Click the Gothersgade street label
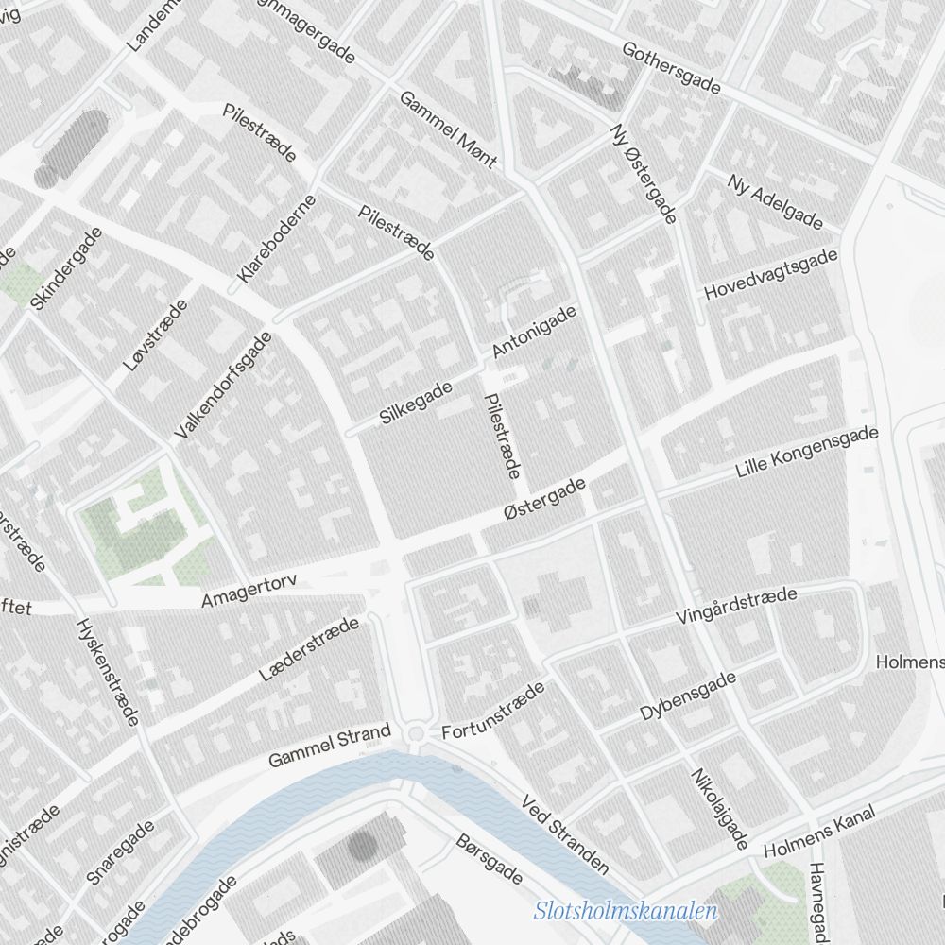click(x=672, y=68)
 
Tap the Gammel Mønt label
click(x=447, y=129)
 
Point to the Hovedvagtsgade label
click(x=771, y=275)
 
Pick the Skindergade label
click(x=66, y=268)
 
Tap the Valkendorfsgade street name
click(x=223, y=385)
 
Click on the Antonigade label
click(x=534, y=333)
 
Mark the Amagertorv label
click(x=249, y=591)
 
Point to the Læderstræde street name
click(x=309, y=649)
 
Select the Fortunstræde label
click(x=494, y=711)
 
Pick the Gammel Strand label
click(x=329, y=746)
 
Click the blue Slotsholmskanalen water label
click(x=626, y=912)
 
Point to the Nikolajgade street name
click(x=720, y=808)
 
